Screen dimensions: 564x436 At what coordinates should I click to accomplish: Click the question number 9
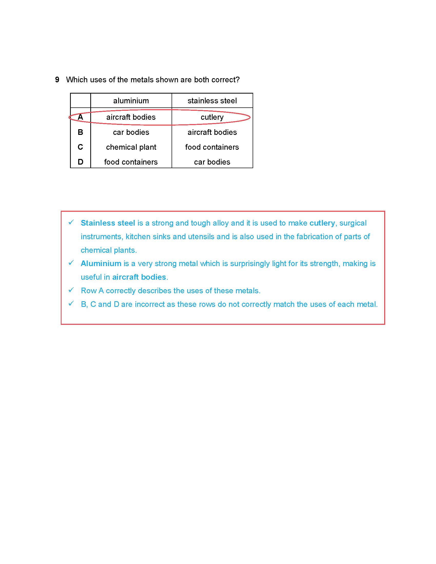(57, 79)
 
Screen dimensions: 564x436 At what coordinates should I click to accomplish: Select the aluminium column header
(131, 101)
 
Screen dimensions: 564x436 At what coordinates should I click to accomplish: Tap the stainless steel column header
(212, 101)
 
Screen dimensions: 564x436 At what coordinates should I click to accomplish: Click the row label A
(80, 117)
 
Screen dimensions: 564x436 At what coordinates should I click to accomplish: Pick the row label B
(80, 132)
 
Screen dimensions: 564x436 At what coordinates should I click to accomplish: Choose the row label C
(80, 147)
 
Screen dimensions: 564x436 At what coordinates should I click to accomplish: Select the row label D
(80, 162)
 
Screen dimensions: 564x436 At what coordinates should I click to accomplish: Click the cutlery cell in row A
(212, 117)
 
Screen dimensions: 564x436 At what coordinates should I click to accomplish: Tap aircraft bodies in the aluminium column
(131, 117)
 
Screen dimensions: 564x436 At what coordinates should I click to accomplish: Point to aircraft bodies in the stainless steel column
(212, 132)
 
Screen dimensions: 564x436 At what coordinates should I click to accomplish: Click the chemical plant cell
(131, 147)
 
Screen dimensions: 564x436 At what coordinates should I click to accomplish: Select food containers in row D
(131, 162)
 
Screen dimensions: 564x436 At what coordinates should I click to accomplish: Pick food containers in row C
(212, 147)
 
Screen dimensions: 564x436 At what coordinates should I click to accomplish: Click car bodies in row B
(131, 132)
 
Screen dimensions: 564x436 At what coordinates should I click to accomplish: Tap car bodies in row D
(212, 162)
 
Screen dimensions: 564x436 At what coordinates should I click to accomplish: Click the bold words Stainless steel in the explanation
(108, 223)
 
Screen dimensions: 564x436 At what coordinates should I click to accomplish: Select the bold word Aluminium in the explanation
(101, 264)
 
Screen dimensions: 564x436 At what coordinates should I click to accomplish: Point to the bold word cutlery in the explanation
(322, 223)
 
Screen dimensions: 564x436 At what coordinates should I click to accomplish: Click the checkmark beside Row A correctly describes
(71, 290)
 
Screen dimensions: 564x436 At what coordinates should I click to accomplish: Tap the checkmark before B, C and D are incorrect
(71, 304)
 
